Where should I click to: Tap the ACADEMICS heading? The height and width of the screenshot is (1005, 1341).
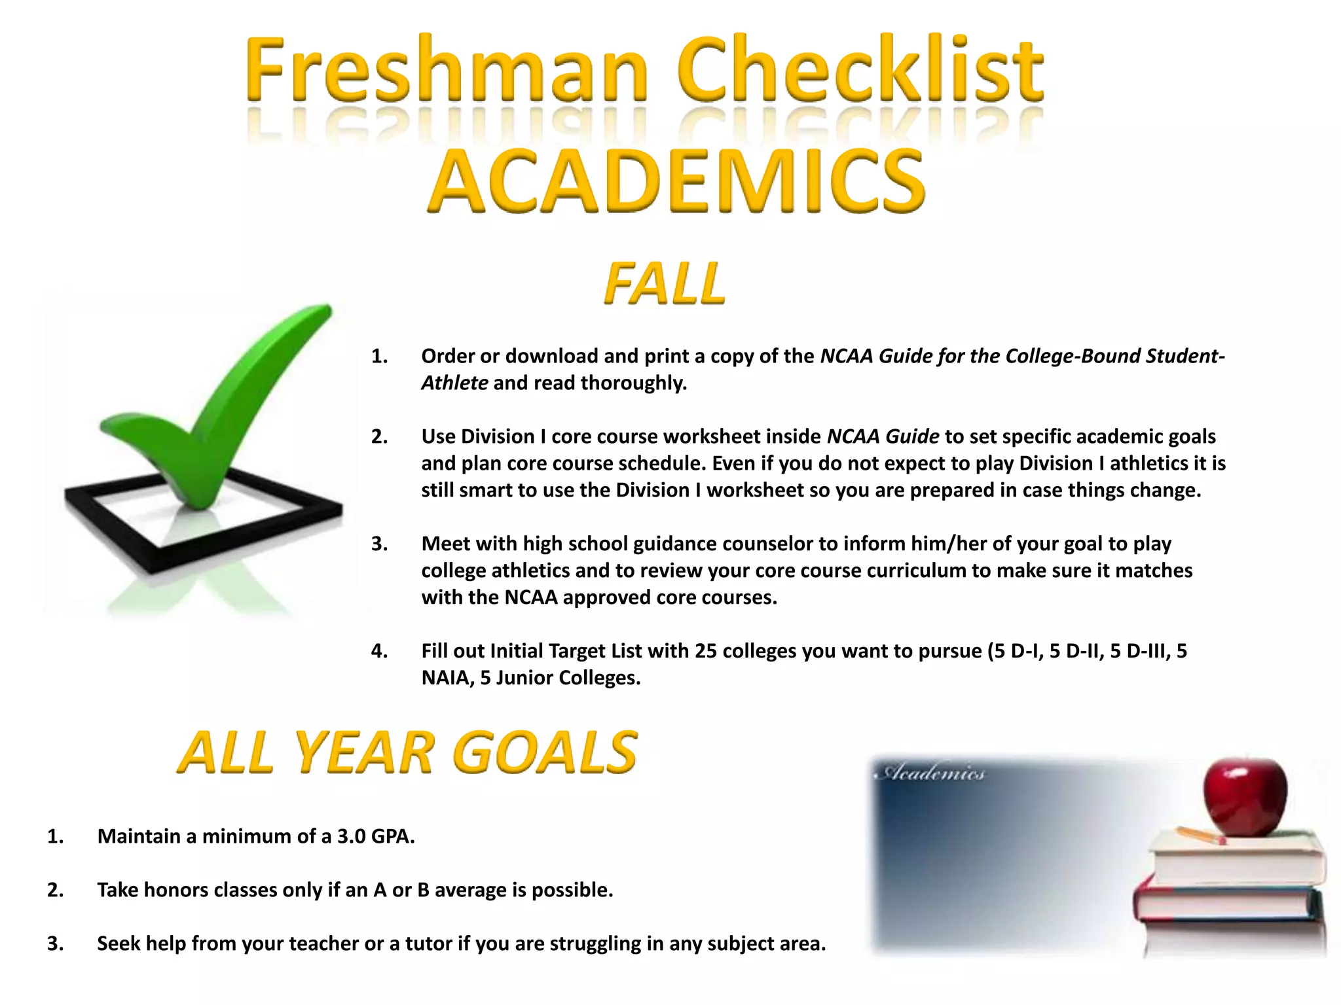pos(678,181)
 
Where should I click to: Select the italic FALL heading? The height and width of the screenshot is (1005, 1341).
pos(665,284)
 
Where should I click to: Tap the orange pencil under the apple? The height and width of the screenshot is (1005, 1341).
pos(1201,836)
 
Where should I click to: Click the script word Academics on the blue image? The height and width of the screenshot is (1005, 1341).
pos(930,773)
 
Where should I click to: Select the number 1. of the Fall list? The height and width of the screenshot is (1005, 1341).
pos(379,356)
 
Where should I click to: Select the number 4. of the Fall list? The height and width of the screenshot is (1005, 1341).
pos(379,651)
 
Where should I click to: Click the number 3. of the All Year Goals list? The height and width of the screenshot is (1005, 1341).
pos(55,943)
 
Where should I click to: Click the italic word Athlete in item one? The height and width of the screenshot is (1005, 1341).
pos(454,383)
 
